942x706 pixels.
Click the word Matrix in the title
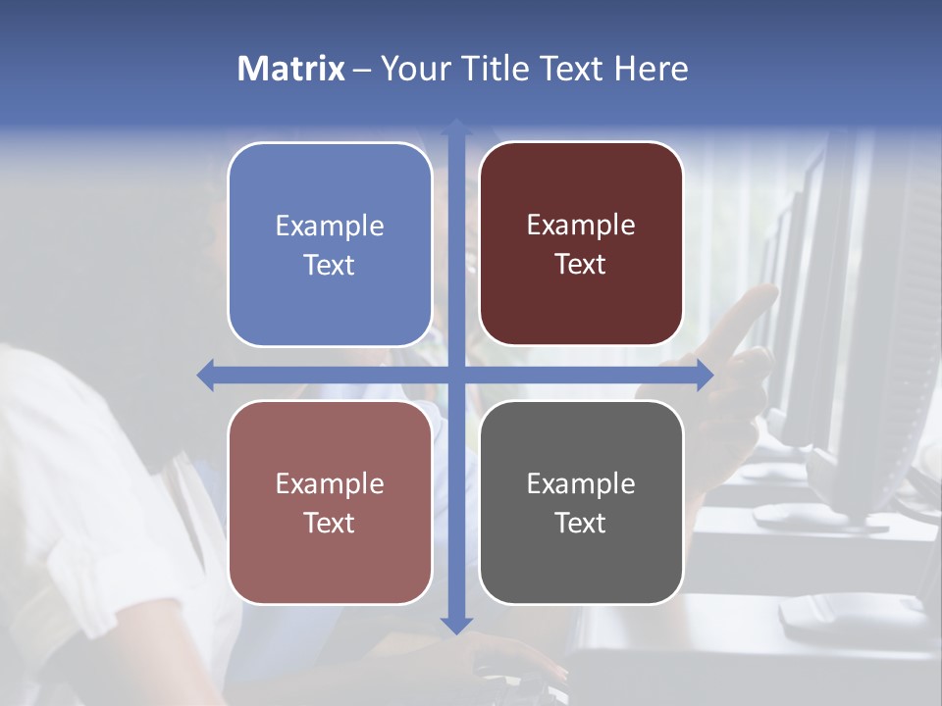291,69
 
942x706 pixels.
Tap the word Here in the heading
652,69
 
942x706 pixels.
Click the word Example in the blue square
330,226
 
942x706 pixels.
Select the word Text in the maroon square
581,265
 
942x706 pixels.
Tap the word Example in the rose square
330,483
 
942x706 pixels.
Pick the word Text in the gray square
581,523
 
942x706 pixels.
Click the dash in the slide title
362,70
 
